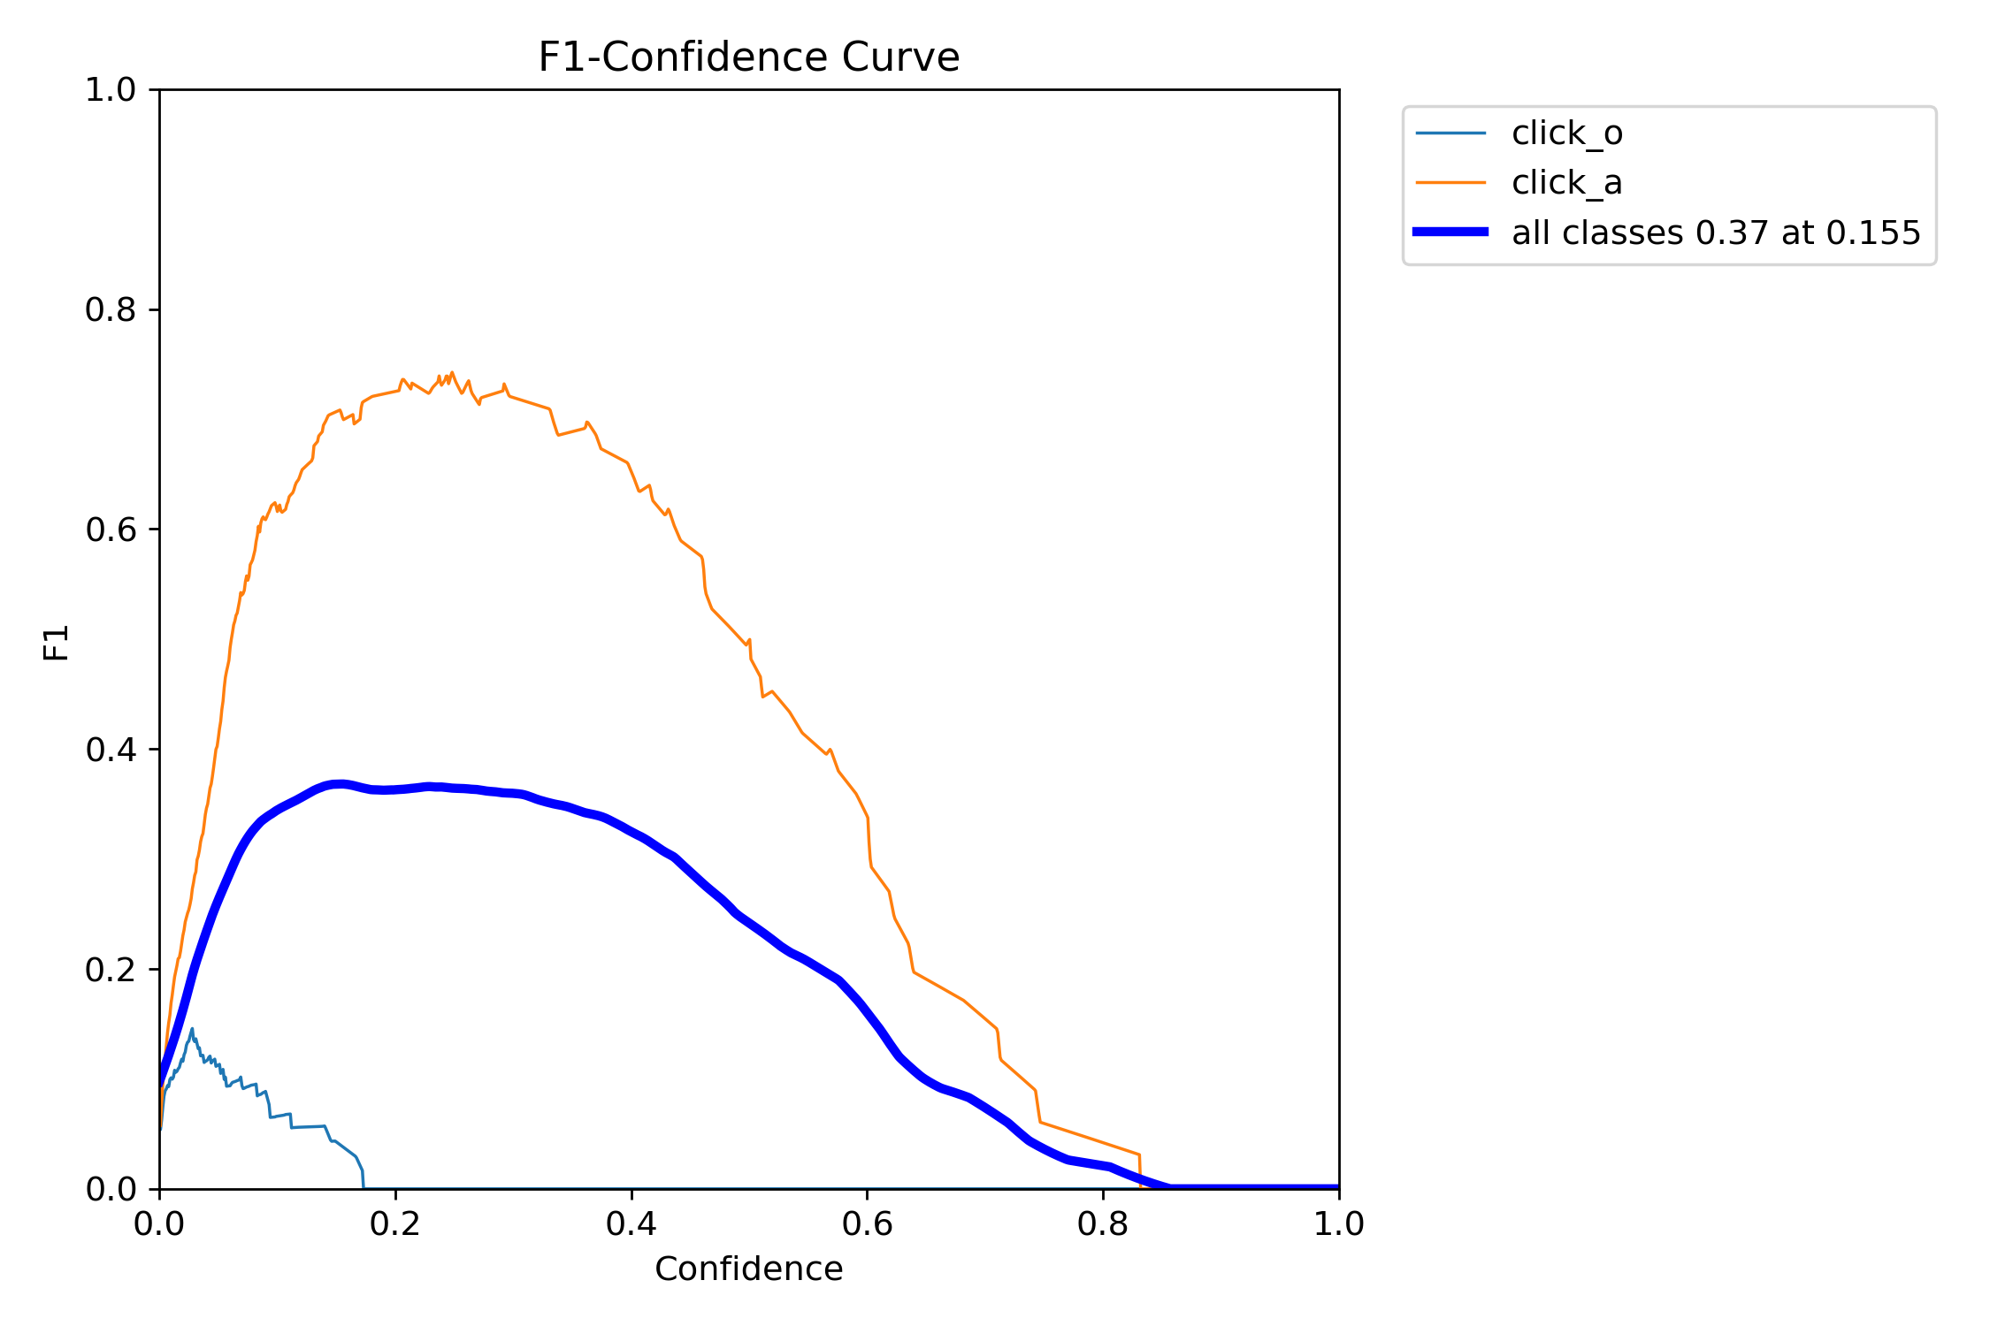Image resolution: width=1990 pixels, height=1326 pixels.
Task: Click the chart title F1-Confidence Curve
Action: click(748, 57)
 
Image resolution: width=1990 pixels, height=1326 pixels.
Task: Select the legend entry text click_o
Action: click(1566, 133)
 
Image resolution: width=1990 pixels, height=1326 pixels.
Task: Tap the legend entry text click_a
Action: click(1566, 183)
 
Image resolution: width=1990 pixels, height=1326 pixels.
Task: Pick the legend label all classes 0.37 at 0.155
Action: click(1716, 232)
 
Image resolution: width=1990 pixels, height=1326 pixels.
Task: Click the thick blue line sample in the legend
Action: click(1450, 232)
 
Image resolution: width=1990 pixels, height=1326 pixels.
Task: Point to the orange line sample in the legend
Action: click(1450, 183)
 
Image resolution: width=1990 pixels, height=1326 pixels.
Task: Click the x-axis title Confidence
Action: click(748, 1269)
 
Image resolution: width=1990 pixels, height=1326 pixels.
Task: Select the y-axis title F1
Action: click(56, 643)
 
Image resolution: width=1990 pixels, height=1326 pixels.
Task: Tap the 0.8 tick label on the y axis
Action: click(110, 309)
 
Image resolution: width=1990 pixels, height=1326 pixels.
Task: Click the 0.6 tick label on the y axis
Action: click(110, 530)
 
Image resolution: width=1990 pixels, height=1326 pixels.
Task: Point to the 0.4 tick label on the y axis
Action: click(110, 750)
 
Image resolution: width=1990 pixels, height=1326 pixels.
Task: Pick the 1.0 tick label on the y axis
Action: click(110, 89)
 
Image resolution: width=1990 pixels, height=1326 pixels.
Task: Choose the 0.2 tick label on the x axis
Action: click(395, 1223)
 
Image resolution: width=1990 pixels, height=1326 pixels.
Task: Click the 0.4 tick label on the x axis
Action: click(631, 1223)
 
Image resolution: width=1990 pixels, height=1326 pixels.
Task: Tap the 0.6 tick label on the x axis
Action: click(867, 1223)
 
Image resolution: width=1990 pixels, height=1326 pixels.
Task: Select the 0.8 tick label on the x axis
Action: click(1103, 1223)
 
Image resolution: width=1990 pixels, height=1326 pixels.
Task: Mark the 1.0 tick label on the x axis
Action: click(1338, 1223)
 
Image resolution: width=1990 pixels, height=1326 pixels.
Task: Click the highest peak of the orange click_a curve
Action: click(452, 373)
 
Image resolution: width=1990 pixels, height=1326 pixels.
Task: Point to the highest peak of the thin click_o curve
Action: click(192, 1029)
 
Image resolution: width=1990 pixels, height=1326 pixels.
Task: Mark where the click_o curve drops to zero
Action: click(364, 1187)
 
